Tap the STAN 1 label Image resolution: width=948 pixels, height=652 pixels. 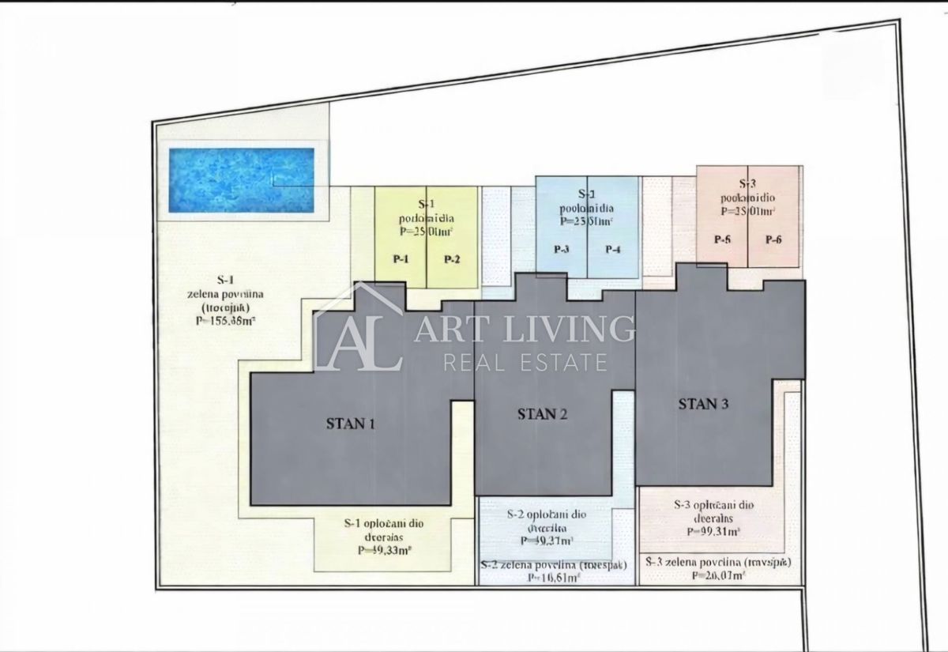click(350, 424)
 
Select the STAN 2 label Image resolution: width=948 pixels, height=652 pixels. click(542, 413)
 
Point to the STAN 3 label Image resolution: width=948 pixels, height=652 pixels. click(703, 404)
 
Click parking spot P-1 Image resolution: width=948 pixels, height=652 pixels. click(401, 259)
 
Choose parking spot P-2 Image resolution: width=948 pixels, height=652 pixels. click(451, 259)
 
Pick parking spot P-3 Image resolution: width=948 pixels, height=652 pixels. click(562, 250)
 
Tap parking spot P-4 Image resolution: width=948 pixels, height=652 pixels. click(613, 250)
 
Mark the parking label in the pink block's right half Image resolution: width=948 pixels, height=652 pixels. click(773, 239)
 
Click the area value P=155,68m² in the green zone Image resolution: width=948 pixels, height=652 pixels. click(225, 322)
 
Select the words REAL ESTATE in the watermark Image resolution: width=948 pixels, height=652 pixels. click(525, 363)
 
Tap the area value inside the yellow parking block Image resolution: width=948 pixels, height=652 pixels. click(427, 232)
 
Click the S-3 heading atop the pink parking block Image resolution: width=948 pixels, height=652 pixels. click(747, 183)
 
